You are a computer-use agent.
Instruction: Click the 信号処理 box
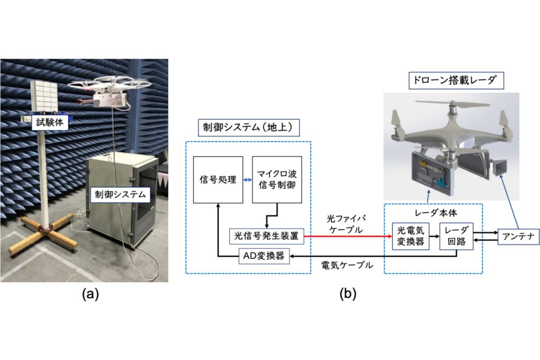coord(218,180)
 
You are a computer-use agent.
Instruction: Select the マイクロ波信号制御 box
coord(277,180)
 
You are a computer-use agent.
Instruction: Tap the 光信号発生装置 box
coord(266,236)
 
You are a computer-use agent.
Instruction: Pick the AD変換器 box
coord(264,256)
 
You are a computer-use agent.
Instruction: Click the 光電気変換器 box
coord(410,236)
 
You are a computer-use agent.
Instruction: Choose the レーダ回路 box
coord(456,236)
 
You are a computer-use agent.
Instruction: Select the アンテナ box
coord(519,237)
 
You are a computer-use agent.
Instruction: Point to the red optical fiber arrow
coord(348,237)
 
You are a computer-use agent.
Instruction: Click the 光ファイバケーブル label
coord(346,224)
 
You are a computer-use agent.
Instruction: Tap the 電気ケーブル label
coord(347,265)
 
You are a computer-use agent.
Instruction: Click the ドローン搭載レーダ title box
coord(456,81)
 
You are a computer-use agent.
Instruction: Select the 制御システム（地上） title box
coord(248,128)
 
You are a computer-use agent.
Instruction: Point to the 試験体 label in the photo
coord(50,122)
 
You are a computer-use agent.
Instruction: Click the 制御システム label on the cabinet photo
coord(120,194)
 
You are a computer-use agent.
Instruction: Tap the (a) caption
coord(90,294)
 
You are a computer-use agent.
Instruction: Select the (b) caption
coord(348,294)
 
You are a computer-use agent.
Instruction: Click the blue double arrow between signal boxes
coord(248,180)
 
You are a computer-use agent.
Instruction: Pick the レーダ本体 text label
coord(436,213)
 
